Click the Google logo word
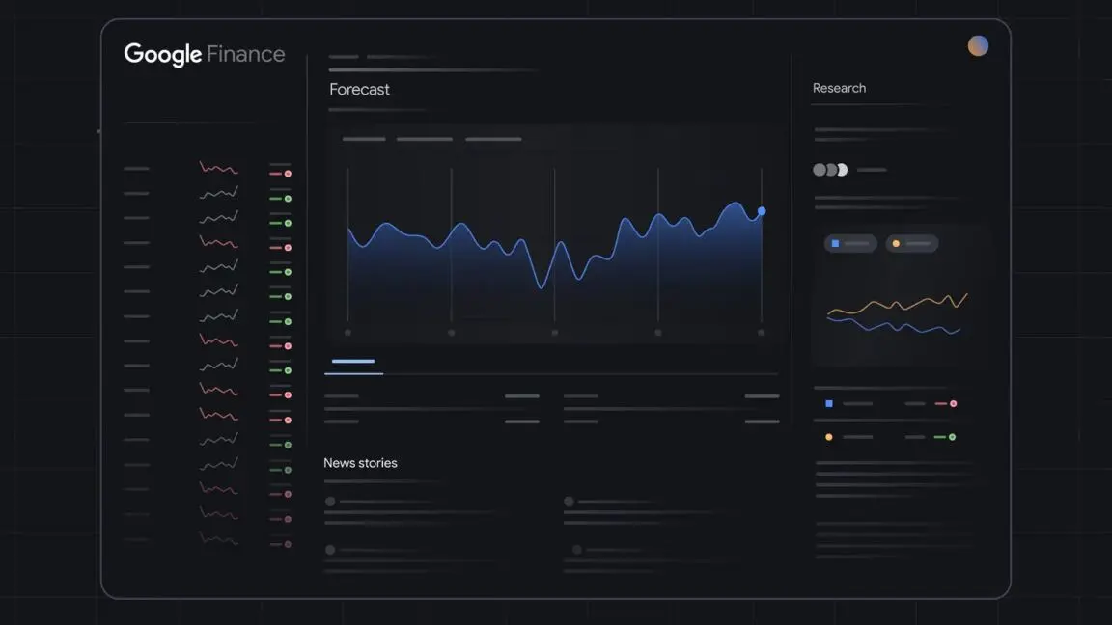pyautogui.click(x=162, y=55)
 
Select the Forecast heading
pyautogui.click(x=359, y=90)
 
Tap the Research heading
pyautogui.click(x=839, y=88)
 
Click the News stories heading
pyautogui.click(x=360, y=463)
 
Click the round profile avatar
pyautogui.click(x=978, y=45)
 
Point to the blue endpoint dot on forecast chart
pyautogui.click(x=762, y=210)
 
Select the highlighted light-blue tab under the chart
pyautogui.click(x=353, y=363)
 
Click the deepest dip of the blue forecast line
pyautogui.click(x=542, y=286)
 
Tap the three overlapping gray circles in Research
pyautogui.click(x=829, y=170)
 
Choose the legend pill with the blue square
pyautogui.click(x=850, y=244)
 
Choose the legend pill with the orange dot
pyautogui.click(x=911, y=244)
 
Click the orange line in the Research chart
pyautogui.click(x=898, y=305)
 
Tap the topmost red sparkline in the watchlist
pyautogui.click(x=218, y=169)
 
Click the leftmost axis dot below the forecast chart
pyautogui.click(x=347, y=333)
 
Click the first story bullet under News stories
pyautogui.click(x=330, y=502)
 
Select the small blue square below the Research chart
pyautogui.click(x=828, y=403)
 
